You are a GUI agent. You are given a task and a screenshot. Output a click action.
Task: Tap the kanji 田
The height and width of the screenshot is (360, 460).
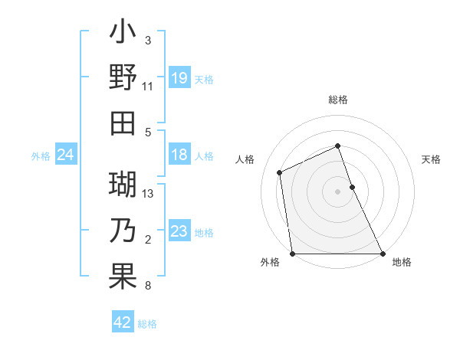tap(123, 123)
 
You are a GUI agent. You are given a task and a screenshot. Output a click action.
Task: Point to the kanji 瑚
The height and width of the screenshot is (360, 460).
tap(123, 186)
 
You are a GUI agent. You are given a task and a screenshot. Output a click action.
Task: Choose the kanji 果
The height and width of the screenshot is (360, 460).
tap(123, 276)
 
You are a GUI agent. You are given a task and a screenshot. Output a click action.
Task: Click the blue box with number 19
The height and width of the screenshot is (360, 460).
tap(179, 78)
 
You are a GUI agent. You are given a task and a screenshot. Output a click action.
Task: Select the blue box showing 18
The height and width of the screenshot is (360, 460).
tap(179, 155)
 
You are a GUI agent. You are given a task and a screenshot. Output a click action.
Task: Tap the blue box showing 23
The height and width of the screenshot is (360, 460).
tap(179, 232)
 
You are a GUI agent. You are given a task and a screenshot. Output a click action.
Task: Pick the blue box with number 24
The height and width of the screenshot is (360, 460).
tap(65, 155)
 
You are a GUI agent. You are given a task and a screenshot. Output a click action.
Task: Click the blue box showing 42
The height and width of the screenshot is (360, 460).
tap(123, 323)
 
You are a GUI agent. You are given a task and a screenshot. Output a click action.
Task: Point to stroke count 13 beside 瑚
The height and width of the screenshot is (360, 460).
tap(149, 193)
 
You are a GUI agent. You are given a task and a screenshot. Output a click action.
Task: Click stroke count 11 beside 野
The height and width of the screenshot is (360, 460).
tap(148, 87)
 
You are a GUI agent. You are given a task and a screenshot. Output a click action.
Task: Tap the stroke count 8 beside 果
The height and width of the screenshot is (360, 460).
tap(148, 286)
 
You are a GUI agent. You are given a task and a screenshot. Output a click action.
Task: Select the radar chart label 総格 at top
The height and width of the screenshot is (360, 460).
tap(338, 100)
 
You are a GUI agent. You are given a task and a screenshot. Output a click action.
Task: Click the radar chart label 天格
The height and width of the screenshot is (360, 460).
tap(432, 159)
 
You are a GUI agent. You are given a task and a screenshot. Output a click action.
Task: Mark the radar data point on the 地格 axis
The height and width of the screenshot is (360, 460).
tap(383, 254)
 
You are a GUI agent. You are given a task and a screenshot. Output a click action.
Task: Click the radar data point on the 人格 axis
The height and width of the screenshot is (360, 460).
tap(280, 172)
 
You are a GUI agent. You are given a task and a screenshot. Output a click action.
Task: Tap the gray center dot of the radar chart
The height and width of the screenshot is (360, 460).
tap(338, 191)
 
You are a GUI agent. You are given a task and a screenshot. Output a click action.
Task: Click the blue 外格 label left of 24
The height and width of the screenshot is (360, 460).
tap(41, 156)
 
